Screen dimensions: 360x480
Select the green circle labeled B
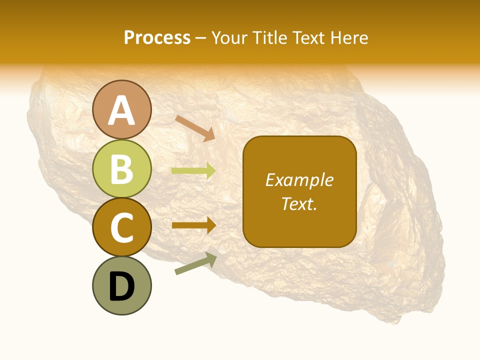coord(121,168)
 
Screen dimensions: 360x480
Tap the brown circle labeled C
coord(121,227)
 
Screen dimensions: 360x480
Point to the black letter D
coord(121,287)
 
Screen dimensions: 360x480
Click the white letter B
coord(121,169)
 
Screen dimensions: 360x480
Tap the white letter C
coord(121,227)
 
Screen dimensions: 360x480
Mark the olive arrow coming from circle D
coord(195,263)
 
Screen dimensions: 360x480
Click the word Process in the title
coord(157,38)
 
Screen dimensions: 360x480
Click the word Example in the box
coord(299,180)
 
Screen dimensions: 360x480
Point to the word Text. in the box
coord(299,203)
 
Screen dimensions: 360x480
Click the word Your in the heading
coord(229,38)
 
